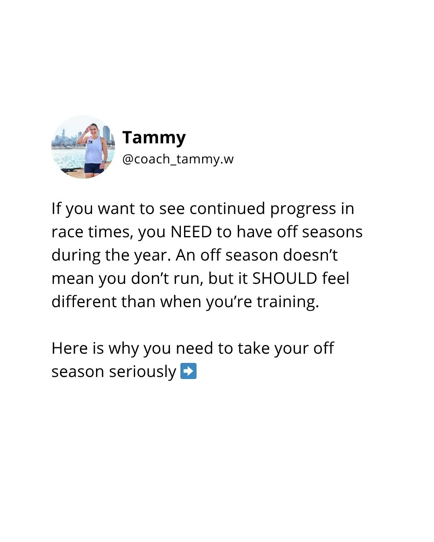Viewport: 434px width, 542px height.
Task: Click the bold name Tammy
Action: (x=154, y=138)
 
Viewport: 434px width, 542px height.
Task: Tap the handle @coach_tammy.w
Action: (x=178, y=159)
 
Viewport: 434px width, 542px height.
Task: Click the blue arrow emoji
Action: (x=188, y=371)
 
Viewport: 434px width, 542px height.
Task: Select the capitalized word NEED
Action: (x=191, y=232)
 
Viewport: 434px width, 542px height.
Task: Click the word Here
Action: (x=69, y=348)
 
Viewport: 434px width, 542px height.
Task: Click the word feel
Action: (x=336, y=279)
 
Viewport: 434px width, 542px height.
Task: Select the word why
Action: (x=123, y=349)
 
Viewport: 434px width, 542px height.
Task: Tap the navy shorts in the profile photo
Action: (x=94, y=168)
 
